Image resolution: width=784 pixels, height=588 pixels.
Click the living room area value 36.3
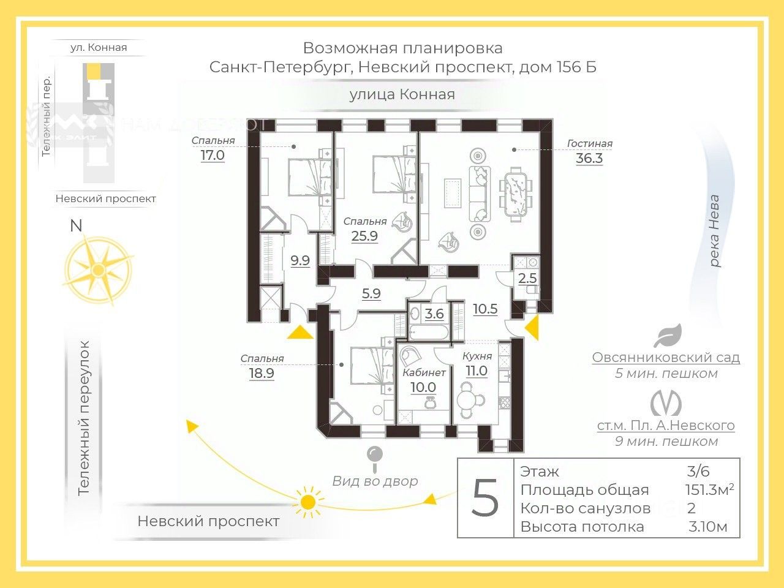[589, 159]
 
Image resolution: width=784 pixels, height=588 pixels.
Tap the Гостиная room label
[589, 144]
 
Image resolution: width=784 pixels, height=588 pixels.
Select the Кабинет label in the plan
[424, 372]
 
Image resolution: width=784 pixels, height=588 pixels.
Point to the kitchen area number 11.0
[476, 371]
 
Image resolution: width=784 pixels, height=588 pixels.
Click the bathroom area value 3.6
[434, 314]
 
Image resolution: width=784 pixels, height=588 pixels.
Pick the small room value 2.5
[527, 279]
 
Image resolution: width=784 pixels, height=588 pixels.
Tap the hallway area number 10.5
[485, 309]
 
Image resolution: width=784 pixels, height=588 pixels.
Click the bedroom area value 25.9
[364, 235]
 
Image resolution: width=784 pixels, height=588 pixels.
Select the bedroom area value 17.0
[213, 156]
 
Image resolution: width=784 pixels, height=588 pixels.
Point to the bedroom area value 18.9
[262, 373]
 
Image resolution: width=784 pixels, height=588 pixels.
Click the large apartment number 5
[485, 499]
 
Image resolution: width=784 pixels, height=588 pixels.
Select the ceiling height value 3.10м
[708, 527]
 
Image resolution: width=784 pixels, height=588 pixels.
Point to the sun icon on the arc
[308, 501]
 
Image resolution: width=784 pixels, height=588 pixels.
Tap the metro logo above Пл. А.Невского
[666, 403]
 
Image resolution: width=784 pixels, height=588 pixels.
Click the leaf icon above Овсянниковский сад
[667, 336]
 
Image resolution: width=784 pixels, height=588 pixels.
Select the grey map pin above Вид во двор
[374, 456]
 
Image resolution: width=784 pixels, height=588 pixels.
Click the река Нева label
[714, 231]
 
